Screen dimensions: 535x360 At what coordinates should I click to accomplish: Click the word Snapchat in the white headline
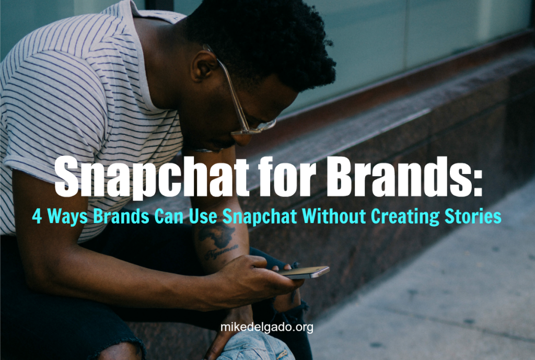tap(152, 178)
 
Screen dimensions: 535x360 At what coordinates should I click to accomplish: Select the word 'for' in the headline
tap(287, 177)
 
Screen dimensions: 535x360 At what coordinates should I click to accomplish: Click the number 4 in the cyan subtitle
tap(37, 216)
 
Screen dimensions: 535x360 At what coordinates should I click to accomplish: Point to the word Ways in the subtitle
tap(67, 217)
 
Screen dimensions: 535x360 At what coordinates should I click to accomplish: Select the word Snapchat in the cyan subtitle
tap(260, 217)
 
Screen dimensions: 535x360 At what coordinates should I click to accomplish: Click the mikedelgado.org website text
tap(267, 327)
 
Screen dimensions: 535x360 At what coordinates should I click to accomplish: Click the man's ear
tap(204, 66)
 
